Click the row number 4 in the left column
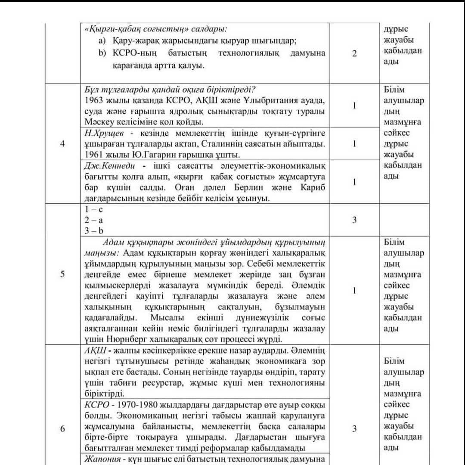pyautogui.click(x=63, y=144)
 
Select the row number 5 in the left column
pyautogui.click(x=63, y=274)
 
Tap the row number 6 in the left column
pyautogui.click(x=63, y=429)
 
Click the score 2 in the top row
pyautogui.click(x=354, y=54)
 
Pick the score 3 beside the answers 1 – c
pyautogui.click(x=354, y=220)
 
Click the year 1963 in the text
pyautogui.click(x=93, y=101)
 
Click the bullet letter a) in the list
pyautogui.click(x=102, y=41)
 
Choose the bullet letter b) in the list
pyautogui.click(x=102, y=53)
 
